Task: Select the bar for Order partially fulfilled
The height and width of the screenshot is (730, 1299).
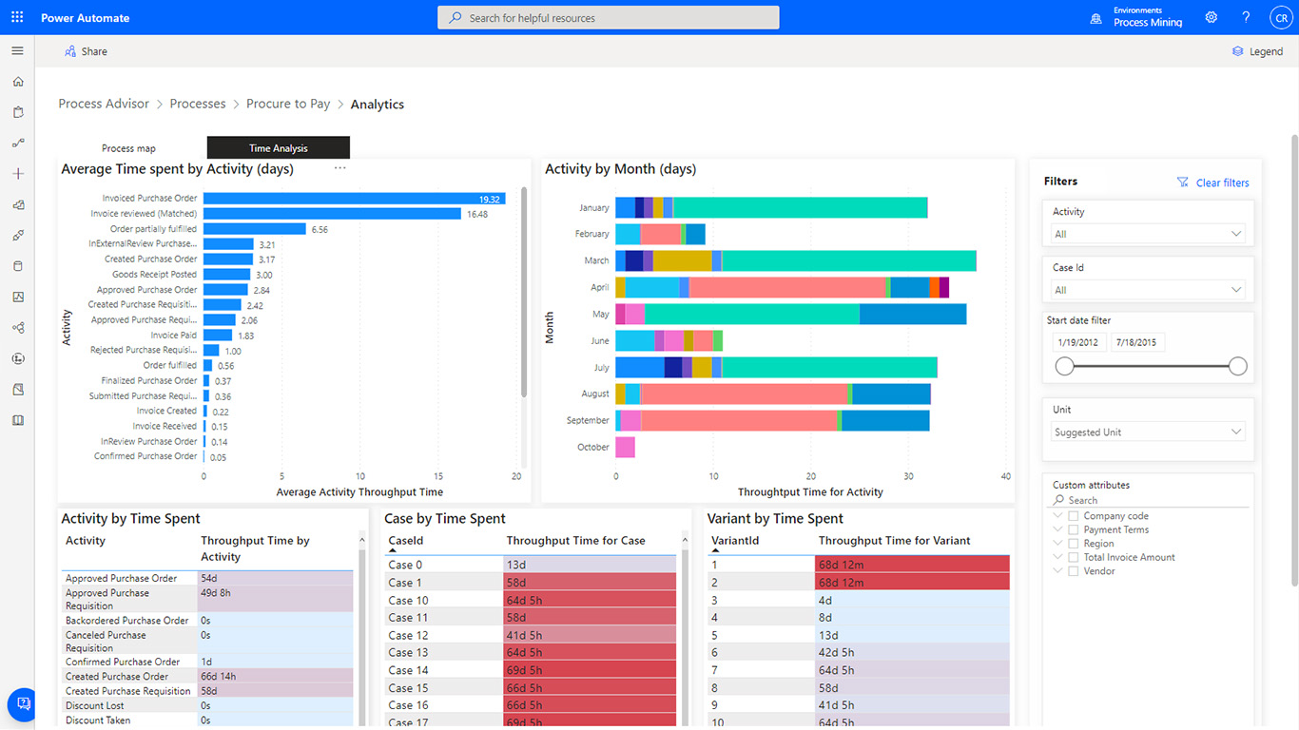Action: click(x=254, y=229)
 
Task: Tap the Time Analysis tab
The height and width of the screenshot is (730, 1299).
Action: click(x=278, y=148)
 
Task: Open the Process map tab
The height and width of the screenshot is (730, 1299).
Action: click(x=128, y=148)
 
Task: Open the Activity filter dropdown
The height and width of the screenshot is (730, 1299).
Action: click(x=1148, y=234)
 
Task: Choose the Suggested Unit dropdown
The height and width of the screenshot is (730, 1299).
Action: click(x=1148, y=432)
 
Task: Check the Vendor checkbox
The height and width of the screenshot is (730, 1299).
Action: click(x=1074, y=571)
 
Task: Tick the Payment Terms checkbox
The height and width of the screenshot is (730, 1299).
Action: click(x=1074, y=530)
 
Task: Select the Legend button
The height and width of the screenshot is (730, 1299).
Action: click(x=1257, y=51)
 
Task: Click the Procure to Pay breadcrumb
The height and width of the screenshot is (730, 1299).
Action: click(x=288, y=104)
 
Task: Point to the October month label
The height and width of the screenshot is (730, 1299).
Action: click(x=592, y=447)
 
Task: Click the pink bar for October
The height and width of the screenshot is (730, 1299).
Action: click(x=625, y=447)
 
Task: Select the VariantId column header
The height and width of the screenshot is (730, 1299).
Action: click(x=732, y=541)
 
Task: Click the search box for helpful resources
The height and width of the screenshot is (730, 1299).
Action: click(x=608, y=18)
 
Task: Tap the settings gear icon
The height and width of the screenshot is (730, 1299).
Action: click(x=1211, y=17)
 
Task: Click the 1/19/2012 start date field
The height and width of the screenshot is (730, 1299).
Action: click(x=1079, y=342)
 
